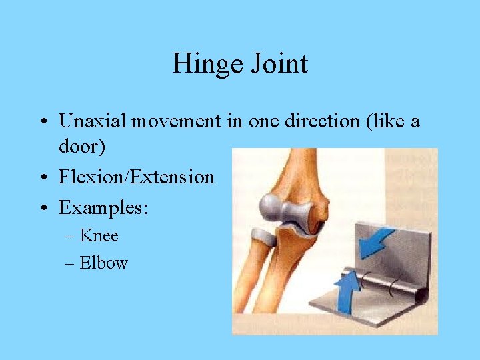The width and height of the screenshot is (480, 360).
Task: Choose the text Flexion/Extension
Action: tap(137, 177)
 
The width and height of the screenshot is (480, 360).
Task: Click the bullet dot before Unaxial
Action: tap(43, 122)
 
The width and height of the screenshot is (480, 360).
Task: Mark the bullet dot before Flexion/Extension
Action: tap(43, 178)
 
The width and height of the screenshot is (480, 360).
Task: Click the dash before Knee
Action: tap(70, 235)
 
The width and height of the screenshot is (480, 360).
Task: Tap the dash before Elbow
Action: tap(70, 263)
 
